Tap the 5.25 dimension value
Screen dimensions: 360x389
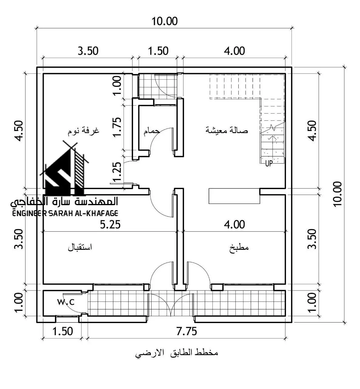pyautogui.click(x=110, y=225)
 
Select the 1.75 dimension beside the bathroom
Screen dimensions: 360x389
pyautogui.click(x=117, y=127)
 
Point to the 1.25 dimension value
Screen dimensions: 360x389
pyautogui.click(x=117, y=172)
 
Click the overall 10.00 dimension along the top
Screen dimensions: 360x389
pyautogui.click(x=165, y=21)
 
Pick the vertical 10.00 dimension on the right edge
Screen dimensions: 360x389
pyautogui.click(x=337, y=194)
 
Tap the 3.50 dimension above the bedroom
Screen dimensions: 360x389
pyautogui.click(x=88, y=51)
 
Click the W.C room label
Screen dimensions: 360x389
pyautogui.click(x=66, y=302)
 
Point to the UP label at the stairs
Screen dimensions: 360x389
pyautogui.click(x=269, y=163)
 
